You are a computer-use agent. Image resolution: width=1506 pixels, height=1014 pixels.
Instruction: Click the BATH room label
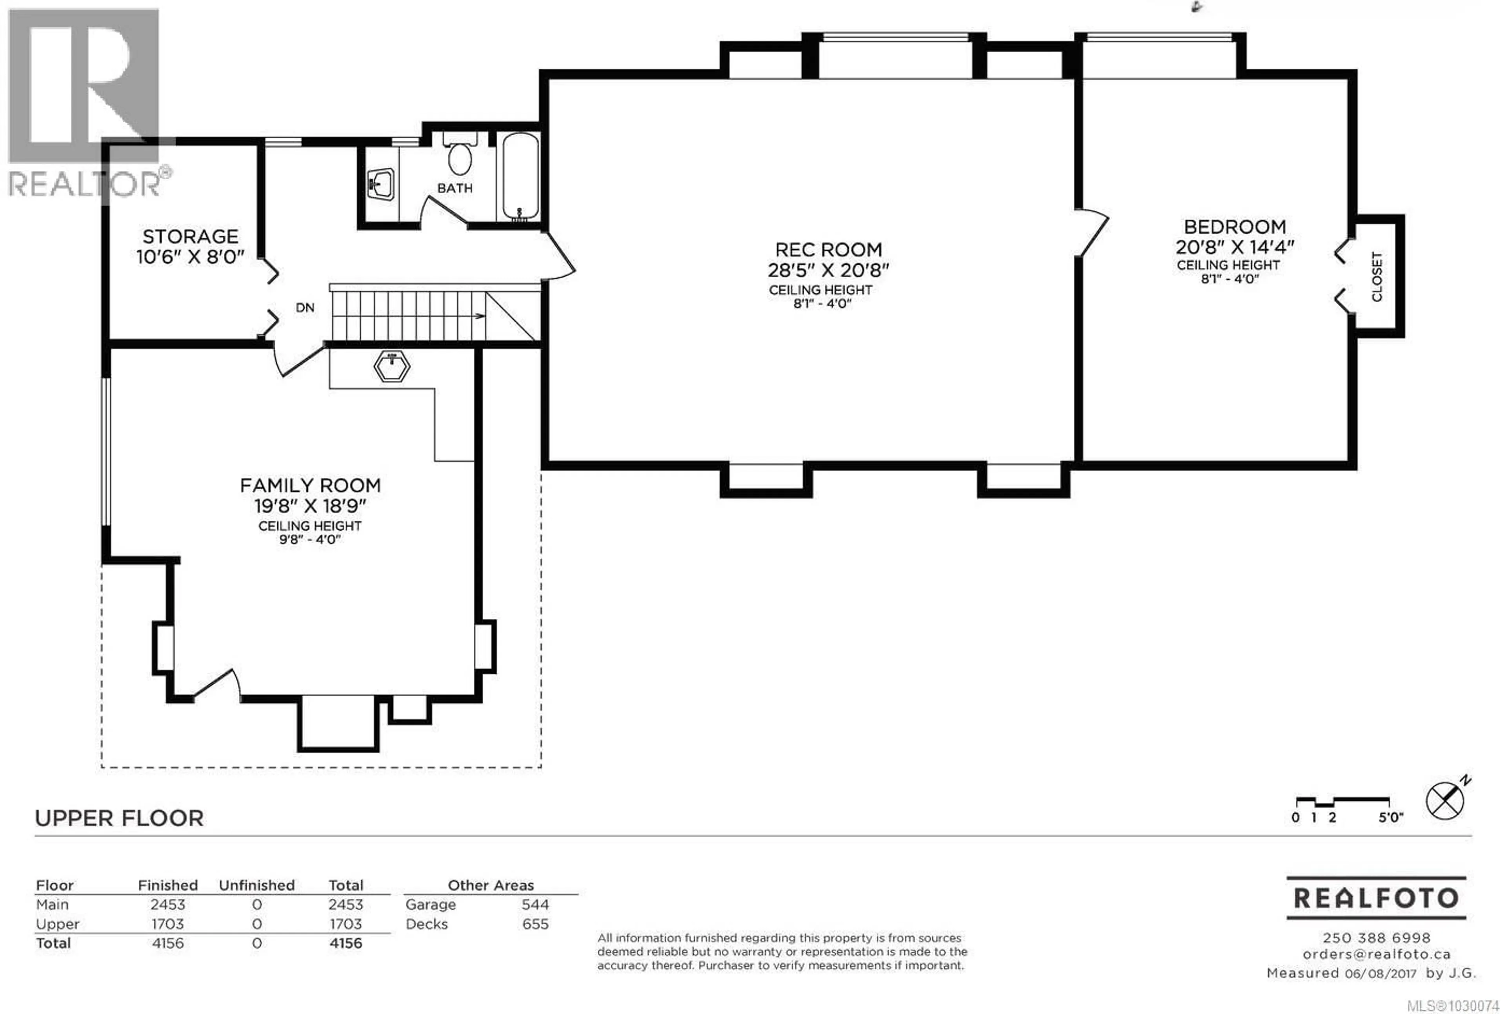(455, 188)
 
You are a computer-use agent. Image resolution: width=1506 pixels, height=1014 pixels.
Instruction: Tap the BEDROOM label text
(1234, 227)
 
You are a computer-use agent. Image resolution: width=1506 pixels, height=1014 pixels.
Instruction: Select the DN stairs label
(305, 308)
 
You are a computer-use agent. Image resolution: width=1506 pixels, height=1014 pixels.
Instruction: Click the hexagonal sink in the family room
(391, 366)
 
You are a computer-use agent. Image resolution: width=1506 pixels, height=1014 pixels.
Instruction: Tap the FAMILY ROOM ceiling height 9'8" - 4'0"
(309, 539)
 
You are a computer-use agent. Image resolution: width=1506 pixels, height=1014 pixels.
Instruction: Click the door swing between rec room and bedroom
(1092, 233)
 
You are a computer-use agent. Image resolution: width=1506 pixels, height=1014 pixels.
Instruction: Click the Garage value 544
(535, 904)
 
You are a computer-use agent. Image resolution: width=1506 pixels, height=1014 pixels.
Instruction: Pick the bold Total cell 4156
(346, 943)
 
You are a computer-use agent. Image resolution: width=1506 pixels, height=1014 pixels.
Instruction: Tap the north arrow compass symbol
(1444, 801)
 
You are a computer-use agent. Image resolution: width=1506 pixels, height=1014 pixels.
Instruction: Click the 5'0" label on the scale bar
(1390, 817)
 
